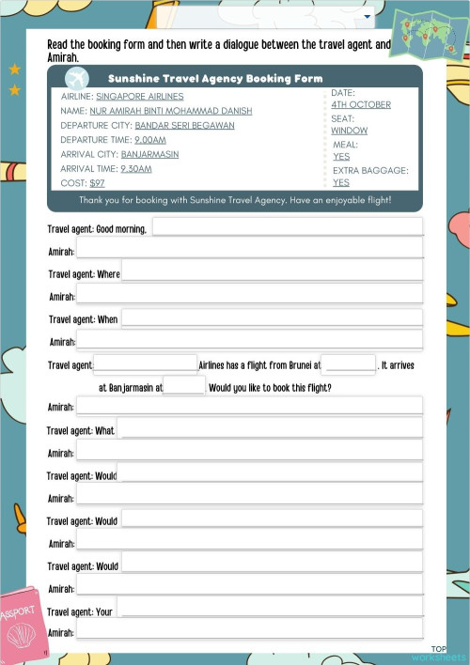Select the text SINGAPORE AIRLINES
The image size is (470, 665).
click(140, 96)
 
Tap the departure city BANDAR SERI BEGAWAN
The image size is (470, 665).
click(184, 125)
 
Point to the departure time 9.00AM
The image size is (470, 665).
click(150, 139)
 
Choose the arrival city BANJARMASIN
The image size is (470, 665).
click(149, 154)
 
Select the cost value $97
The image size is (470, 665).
click(97, 183)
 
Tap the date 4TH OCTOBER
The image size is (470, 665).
click(361, 104)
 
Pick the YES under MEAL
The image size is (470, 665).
click(341, 157)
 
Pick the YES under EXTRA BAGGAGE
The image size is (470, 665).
click(341, 182)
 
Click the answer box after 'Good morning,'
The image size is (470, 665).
click(287, 226)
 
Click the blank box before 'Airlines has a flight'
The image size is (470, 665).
click(145, 363)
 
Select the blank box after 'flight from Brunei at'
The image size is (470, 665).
click(349, 364)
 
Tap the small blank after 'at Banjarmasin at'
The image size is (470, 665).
click(184, 385)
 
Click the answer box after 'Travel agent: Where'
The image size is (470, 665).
click(272, 271)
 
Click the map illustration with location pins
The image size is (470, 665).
click(428, 35)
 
